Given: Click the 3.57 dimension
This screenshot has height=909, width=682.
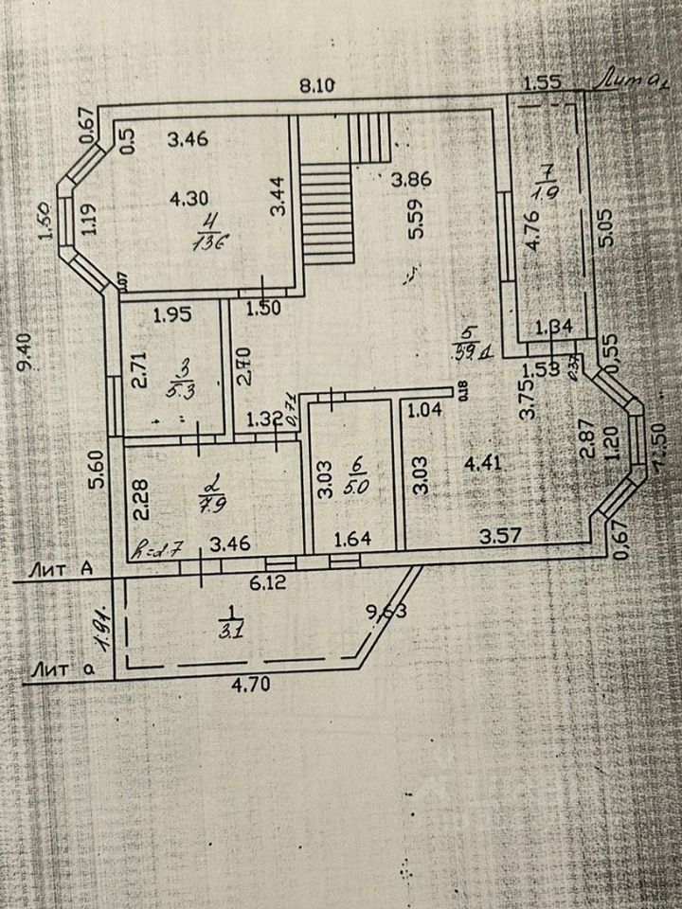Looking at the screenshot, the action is click(500, 537).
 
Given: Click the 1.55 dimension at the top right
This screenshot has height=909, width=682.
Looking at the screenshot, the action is click(542, 82).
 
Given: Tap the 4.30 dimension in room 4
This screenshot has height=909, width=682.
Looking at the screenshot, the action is click(188, 199).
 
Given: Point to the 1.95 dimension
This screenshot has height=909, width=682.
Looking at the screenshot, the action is click(172, 313).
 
